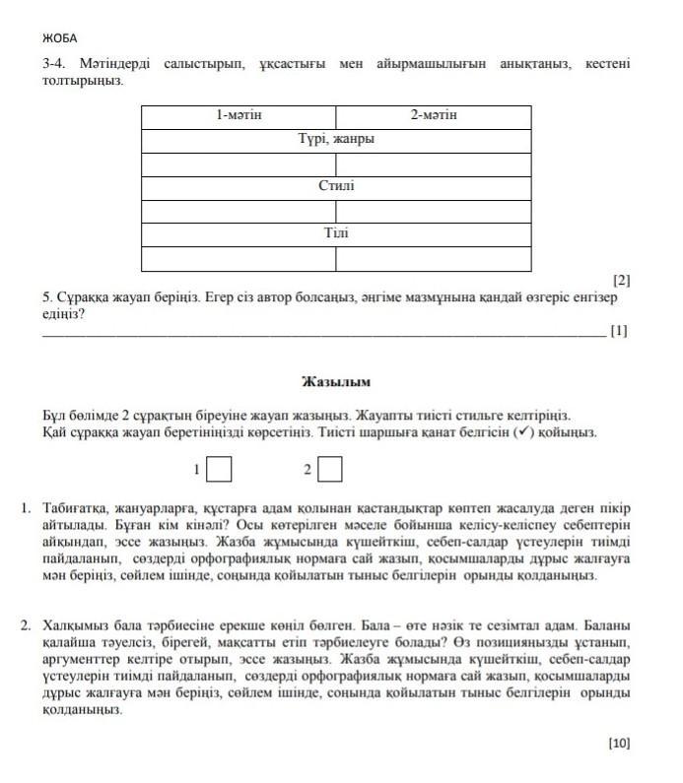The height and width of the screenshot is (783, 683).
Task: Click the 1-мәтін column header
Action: (x=239, y=116)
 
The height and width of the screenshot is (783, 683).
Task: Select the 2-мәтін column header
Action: (x=433, y=116)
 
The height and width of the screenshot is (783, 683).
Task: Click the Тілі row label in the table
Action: (x=336, y=234)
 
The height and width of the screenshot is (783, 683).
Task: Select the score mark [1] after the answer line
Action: (x=618, y=332)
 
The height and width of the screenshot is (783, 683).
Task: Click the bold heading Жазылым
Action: (x=335, y=380)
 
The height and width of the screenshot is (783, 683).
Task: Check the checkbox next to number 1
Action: (x=219, y=470)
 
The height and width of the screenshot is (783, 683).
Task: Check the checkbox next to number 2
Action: (x=330, y=470)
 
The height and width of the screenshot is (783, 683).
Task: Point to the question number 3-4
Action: (x=53, y=64)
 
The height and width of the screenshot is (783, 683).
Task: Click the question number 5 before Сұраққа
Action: (x=46, y=296)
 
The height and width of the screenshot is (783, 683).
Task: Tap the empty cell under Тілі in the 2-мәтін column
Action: (x=433, y=258)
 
